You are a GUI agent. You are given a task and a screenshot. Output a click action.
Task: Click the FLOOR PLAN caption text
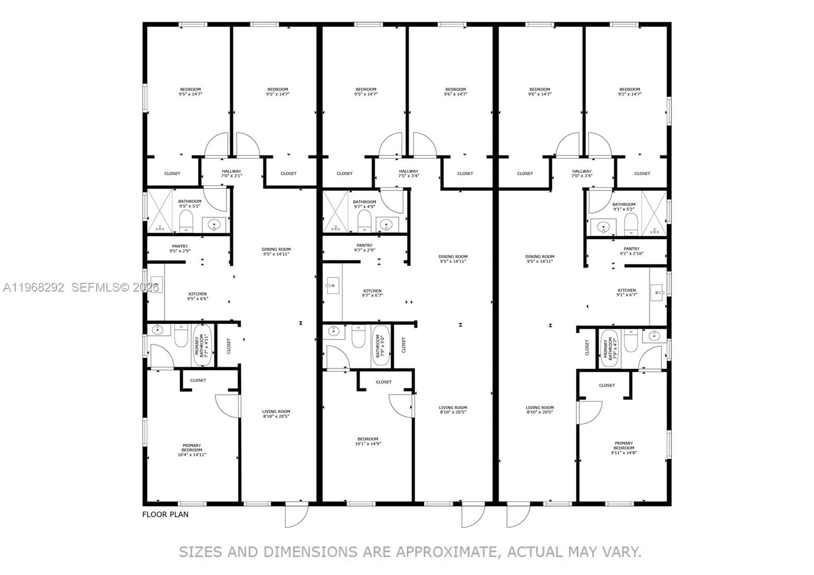click(165, 514)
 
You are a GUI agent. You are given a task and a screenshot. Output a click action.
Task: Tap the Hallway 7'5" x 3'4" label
click(409, 174)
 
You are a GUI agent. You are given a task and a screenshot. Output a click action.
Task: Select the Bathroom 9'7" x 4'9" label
click(364, 204)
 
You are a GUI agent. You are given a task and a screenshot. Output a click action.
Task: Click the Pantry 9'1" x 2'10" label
click(631, 251)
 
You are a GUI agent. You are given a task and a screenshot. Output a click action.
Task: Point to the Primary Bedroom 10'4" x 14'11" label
click(192, 450)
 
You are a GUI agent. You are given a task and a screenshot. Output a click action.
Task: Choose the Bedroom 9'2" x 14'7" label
click(629, 92)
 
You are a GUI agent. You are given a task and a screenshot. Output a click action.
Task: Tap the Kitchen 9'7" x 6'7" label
click(372, 293)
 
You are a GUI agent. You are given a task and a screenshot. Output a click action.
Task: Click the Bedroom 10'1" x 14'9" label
click(367, 441)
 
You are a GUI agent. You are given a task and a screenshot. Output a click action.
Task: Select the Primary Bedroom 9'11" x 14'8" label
click(624, 447)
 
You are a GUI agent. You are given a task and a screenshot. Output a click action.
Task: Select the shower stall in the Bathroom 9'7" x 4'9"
click(335, 211)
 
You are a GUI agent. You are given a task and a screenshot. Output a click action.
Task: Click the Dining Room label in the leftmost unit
click(276, 251)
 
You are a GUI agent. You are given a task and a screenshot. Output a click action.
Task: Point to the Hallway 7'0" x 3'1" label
click(231, 174)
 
